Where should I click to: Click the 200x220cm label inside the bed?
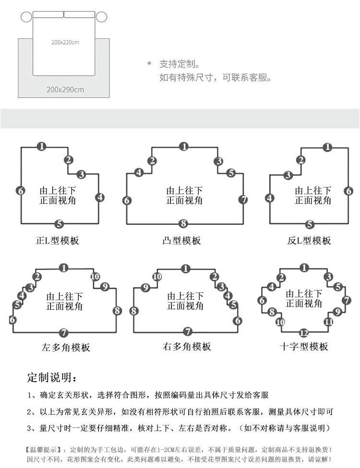coord(65,42)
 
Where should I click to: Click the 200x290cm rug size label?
coord(65,89)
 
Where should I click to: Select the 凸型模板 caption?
coord(182,241)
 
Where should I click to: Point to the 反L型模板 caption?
coord(309,241)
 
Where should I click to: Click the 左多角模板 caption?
coord(66,347)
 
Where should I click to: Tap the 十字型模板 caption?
coord(304,346)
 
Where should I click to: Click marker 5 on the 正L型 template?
coord(59,223)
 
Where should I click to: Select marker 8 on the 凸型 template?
coord(183,223)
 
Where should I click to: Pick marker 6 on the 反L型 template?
coord(349,191)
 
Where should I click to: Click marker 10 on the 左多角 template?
coord(95,277)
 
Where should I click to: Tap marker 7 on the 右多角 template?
coord(188,331)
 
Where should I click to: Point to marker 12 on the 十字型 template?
coord(303,333)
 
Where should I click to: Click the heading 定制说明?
coord(51,377)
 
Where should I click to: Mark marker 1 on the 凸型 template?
coord(183,147)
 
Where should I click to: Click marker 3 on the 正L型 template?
coord(81,174)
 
